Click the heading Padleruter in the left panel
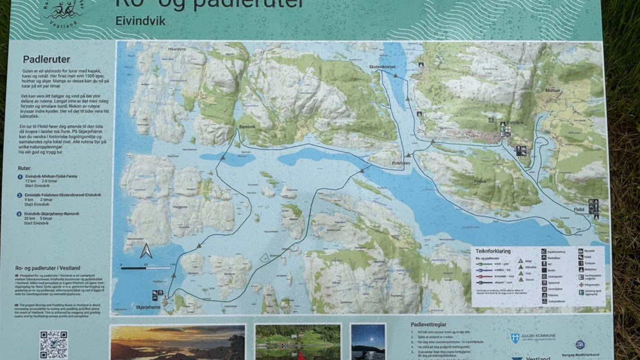coord(46,59)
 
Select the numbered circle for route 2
coord(20,195)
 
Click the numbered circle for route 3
coord(20,214)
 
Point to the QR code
coord(53,344)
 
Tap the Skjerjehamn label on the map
coord(148,307)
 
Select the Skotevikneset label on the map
coord(383,66)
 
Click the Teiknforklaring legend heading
coord(493,251)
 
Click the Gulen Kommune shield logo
coord(514,338)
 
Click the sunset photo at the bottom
coord(177,343)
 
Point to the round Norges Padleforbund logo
coord(579,344)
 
